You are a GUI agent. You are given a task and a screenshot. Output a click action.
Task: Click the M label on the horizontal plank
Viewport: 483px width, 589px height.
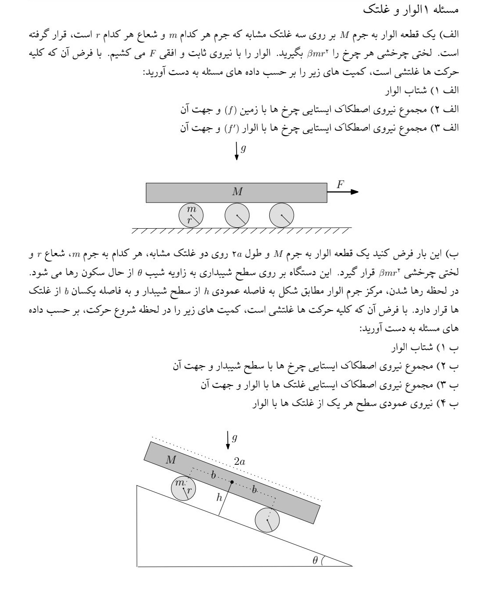pos(237,192)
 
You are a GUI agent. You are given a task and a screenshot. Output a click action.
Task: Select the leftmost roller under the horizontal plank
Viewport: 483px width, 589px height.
pos(191,215)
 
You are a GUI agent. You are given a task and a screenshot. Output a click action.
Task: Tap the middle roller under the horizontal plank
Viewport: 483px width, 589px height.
pos(237,215)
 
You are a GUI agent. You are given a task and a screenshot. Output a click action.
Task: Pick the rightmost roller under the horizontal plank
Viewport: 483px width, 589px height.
pos(282,215)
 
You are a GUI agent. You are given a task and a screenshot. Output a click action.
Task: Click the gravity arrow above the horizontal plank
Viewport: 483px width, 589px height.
pos(237,151)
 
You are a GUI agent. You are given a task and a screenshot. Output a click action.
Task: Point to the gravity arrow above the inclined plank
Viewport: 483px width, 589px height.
pos(228,440)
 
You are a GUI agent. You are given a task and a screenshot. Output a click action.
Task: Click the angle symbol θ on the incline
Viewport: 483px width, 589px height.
pos(315,560)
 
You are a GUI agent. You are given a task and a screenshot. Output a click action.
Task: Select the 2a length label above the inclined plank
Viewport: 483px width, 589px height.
pos(240,462)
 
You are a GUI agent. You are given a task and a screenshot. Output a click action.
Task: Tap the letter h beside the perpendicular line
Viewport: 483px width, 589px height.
pos(219,498)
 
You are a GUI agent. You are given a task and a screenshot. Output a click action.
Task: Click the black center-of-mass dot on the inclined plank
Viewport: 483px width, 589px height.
pos(232,482)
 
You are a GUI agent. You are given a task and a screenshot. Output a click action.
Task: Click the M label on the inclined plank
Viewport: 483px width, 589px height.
pos(171,460)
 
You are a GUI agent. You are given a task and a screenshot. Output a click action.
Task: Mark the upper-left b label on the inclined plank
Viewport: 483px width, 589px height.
pos(213,475)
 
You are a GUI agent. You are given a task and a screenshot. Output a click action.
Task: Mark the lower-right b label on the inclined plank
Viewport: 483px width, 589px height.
pos(254,489)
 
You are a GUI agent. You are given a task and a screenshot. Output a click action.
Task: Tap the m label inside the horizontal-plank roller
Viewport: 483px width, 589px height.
pos(191,208)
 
